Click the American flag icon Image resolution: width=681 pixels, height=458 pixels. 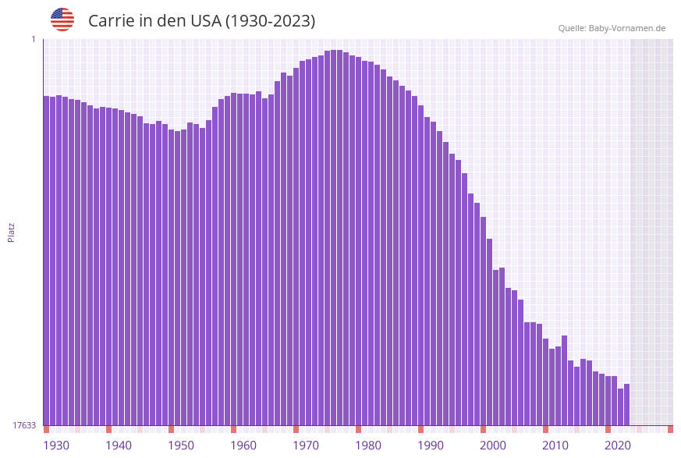[62, 20]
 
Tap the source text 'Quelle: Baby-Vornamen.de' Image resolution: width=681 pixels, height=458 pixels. [612, 28]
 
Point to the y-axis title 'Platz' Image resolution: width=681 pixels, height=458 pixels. [11, 233]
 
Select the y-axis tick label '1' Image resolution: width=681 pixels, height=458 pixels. [33, 39]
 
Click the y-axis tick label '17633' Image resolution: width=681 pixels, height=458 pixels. [24, 425]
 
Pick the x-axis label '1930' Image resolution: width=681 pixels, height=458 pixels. [55, 446]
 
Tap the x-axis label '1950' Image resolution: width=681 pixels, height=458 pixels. [181, 446]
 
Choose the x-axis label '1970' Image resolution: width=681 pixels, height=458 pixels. [306, 446]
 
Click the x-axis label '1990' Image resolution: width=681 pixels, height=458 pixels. [431, 446]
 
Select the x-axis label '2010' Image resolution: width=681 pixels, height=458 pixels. [555, 446]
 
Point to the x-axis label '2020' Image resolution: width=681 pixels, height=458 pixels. [618, 446]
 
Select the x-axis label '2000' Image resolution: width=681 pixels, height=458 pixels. [493, 446]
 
